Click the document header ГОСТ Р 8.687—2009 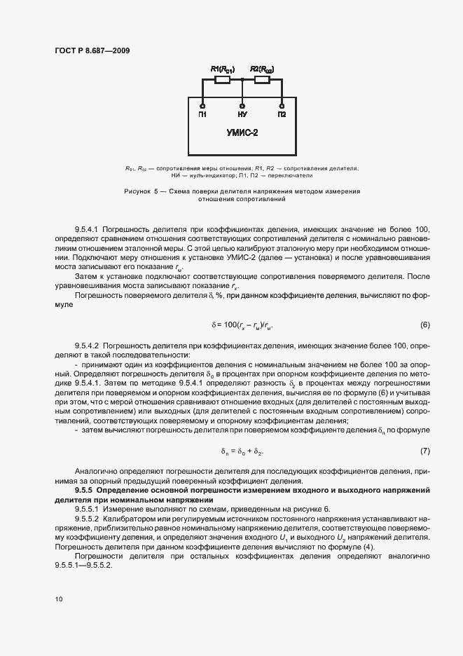click(x=90, y=50)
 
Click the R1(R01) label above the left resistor click(x=222, y=69)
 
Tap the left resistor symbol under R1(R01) click(x=222, y=81)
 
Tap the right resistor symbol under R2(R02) click(x=262, y=81)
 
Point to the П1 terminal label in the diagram click(x=202, y=114)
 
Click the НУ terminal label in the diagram click(x=242, y=114)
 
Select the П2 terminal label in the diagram click(x=282, y=114)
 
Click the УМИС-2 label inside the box click(x=242, y=132)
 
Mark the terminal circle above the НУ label click(x=242, y=105)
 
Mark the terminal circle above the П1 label click(x=202, y=105)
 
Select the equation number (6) click(x=424, y=325)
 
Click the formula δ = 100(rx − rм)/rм click(x=241, y=325)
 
